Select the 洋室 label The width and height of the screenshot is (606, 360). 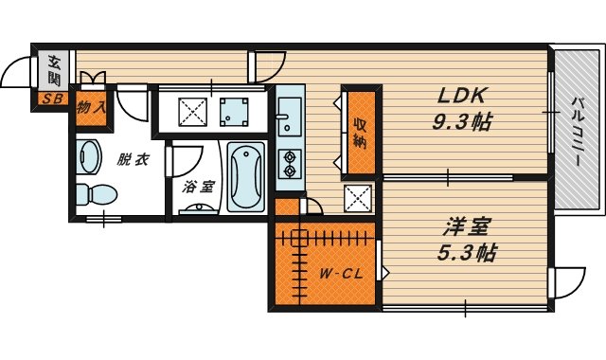tap(467, 227)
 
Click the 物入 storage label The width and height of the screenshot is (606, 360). tap(92, 109)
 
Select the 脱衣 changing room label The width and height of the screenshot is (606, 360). tap(133, 159)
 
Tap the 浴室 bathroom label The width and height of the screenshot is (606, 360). tap(198, 187)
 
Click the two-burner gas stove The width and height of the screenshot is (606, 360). tap(289, 163)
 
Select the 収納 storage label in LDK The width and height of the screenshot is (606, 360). tap(360, 133)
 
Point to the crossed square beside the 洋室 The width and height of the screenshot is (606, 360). tap(358, 199)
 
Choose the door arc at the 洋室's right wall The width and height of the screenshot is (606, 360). tap(563, 281)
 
